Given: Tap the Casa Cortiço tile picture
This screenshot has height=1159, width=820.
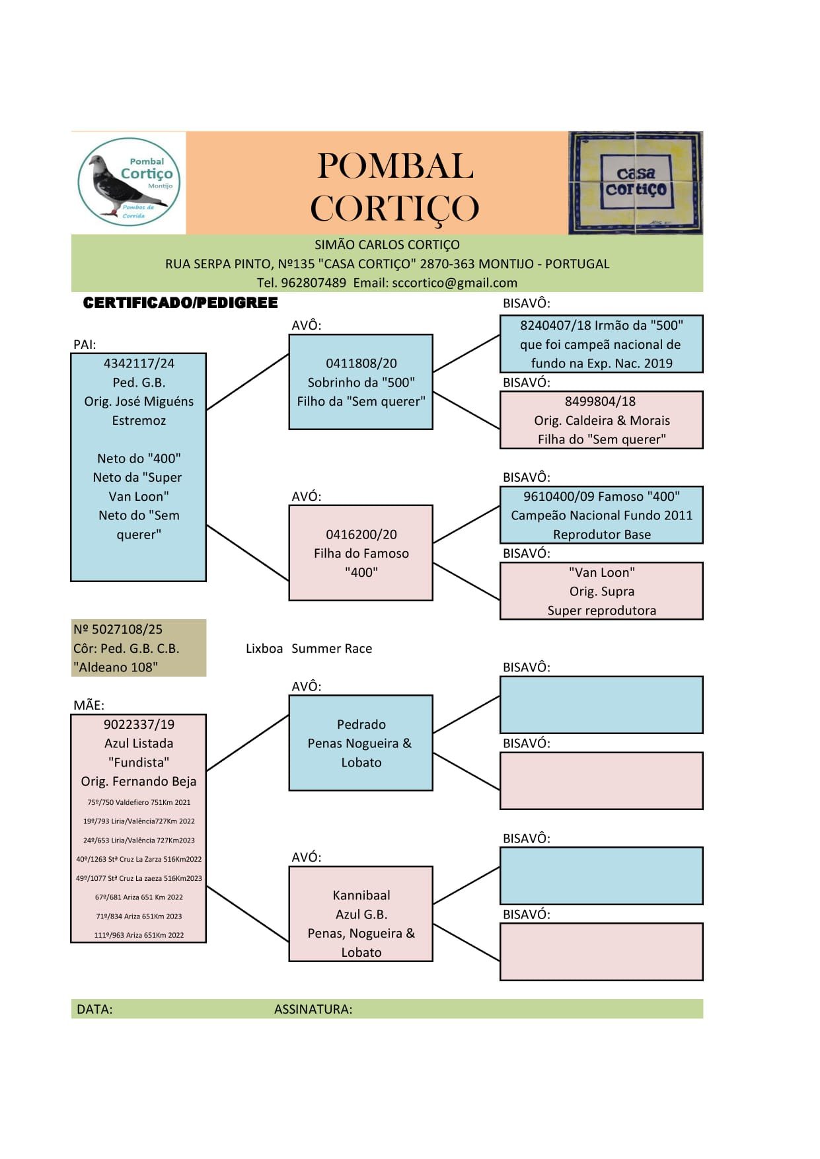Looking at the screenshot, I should (636, 182).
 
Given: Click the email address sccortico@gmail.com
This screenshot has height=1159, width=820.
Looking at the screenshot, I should (455, 283).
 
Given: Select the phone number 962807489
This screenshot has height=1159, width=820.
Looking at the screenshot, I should (313, 283).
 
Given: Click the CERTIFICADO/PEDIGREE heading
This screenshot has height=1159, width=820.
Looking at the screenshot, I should (180, 303).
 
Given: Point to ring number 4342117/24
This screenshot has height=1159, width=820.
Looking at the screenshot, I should (139, 363).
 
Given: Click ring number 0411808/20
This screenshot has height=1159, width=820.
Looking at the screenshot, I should (361, 363).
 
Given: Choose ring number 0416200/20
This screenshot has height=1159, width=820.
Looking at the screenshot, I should (361, 535).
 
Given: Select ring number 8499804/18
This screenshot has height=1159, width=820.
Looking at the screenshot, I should (600, 401).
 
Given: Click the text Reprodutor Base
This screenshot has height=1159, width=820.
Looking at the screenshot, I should (601, 535).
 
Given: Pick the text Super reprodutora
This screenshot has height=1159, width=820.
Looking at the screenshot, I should (601, 611).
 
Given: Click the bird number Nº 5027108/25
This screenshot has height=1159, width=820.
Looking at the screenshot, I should (118, 629).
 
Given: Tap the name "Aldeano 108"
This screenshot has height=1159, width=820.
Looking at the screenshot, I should (116, 667).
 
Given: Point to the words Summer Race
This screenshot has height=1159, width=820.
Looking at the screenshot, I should (332, 649).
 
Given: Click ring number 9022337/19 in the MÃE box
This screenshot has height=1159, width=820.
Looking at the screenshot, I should (139, 724).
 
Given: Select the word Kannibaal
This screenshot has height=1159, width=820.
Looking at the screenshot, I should (361, 895).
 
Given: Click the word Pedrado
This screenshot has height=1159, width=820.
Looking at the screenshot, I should (361, 724).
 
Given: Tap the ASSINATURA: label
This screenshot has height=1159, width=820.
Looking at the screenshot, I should (313, 1009).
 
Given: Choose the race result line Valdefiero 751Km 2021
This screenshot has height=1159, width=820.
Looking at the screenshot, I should (139, 802).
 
